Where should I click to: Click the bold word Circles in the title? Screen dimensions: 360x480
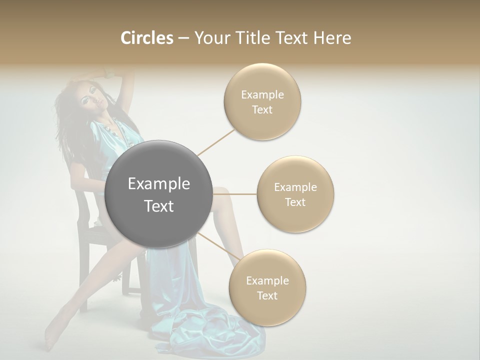(x=146, y=38)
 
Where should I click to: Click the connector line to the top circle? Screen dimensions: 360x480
(x=216, y=142)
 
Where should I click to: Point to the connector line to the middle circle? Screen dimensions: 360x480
(x=235, y=194)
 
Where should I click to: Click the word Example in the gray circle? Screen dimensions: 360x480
(x=159, y=184)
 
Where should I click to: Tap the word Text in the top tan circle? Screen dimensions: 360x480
(x=262, y=110)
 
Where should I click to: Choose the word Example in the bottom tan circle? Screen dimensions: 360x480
(x=267, y=281)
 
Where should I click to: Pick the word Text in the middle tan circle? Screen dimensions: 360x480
(x=295, y=202)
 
